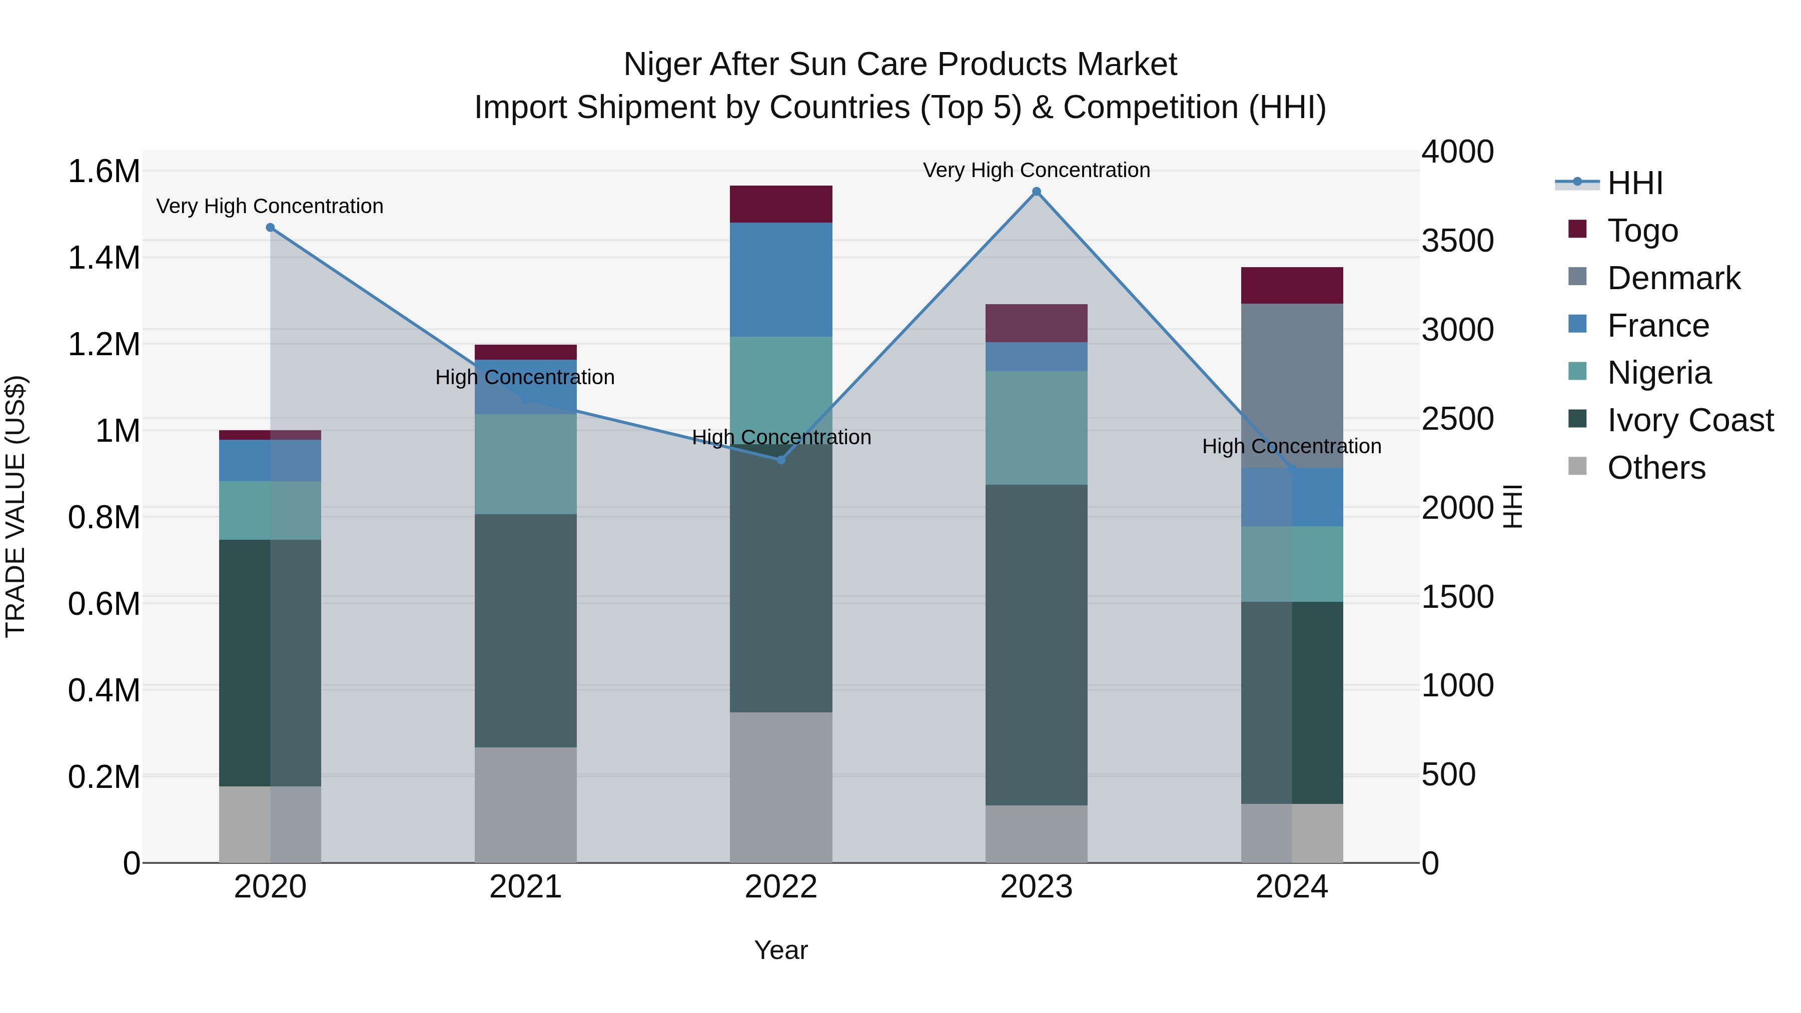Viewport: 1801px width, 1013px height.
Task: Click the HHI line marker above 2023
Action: (x=1036, y=192)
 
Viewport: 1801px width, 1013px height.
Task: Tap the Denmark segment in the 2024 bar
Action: (x=1291, y=385)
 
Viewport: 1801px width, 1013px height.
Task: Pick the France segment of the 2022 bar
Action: (x=781, y=280)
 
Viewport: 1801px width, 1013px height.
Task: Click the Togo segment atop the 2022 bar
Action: (x=781, y=204)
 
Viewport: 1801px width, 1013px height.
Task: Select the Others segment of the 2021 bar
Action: (x=526, y=804)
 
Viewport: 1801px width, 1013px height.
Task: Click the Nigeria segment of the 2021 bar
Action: (x=526, y=464)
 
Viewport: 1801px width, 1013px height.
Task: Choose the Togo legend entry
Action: (x=1641, y=231)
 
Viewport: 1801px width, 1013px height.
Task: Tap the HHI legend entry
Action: (x=1634, y=183)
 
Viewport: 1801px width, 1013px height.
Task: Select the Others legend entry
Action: (x=1655, y=468)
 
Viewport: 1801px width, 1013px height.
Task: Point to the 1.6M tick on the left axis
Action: (x=104, y=171)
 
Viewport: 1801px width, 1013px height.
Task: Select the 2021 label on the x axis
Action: (x=526, y=887)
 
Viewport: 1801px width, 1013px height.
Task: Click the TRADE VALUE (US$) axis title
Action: (x=16, y=506)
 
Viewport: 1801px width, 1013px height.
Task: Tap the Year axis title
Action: (x=781, y=950)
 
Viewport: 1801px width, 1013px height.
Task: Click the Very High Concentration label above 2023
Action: (x=1036, y=170)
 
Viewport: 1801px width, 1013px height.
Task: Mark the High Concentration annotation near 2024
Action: (x=1291, y=446)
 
